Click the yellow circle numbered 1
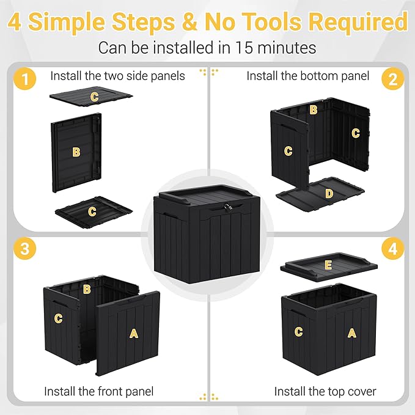24,79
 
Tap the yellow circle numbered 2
392,79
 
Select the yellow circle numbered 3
24,249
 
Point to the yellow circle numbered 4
392,249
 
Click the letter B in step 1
76,152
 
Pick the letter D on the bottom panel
329,194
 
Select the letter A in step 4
351,332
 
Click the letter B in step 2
313,110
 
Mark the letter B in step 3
87,288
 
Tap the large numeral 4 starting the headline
15,22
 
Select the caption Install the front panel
98,391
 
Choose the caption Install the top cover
325,391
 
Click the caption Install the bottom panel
307,76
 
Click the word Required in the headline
358,22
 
